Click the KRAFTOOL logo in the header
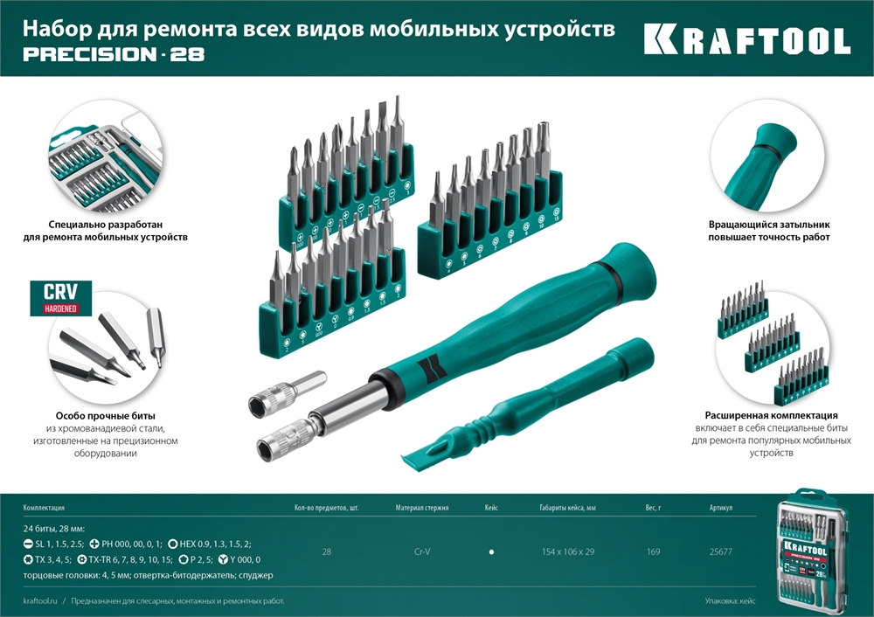[746, 40]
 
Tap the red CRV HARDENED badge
[61, 298]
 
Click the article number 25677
[720, 551]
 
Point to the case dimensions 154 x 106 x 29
[568, 551]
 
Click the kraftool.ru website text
[41, 601]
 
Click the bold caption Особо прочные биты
[105, 416]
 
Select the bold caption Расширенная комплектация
[771, 415]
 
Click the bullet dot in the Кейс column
[491, 552]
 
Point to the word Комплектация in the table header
[44, 507]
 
